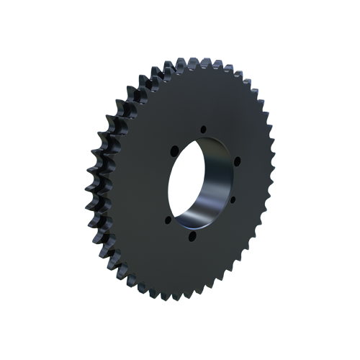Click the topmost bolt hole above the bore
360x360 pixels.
click(204, 129)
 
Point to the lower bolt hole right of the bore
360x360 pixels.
click(233, 199)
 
